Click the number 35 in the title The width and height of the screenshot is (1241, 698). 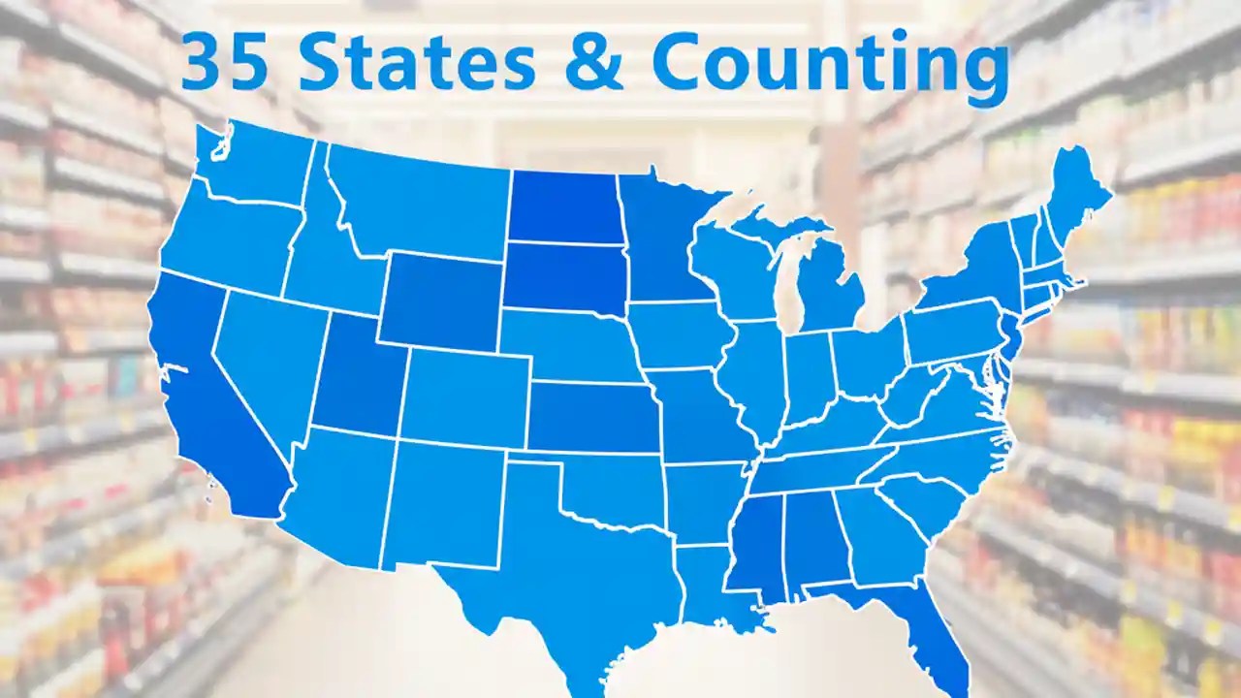tap(224, 62)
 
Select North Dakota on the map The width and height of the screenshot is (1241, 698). tap(565, 206)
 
